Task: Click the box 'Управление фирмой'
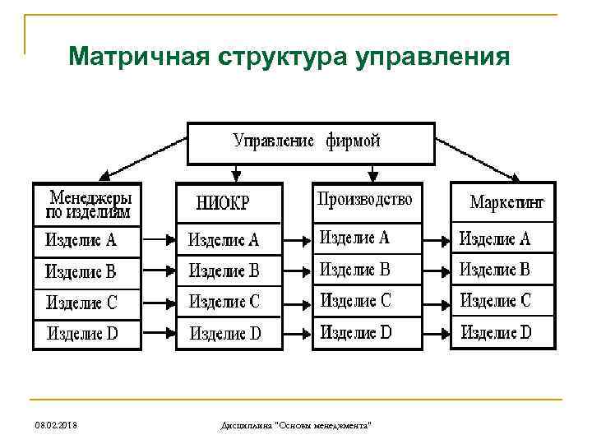tap(311, 142)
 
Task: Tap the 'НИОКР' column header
tap(223, 203)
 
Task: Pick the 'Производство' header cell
tap(365, 198)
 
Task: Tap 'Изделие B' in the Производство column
tap(354, 269)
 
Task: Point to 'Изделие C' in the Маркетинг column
tap(496, 300)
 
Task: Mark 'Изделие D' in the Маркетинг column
tap(496, 332)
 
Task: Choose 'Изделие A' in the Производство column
tap(354, 238)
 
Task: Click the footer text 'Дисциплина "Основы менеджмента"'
tap(296, 424)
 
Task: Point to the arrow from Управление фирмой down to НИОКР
tap(237, 173)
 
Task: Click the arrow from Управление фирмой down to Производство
tap(373, 173)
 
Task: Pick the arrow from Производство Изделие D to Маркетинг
tap(437, 333)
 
